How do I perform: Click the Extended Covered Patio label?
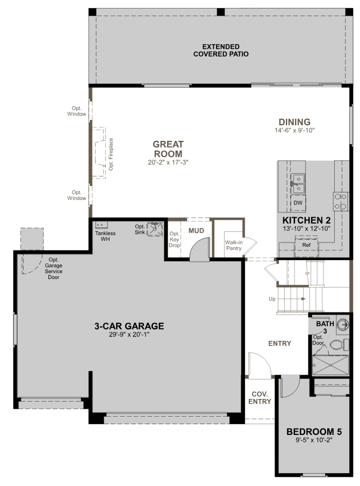pyautogui.click(x=221, y=50)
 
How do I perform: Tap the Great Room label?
pyautogui.click(x=168, y=149)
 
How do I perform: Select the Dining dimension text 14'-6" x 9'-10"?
pyautogui.click(x=294, y=131)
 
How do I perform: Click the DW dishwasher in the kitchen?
pyautogui.click(x=298, y=203)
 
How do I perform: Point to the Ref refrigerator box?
pyautogui.click(x=306, y=245)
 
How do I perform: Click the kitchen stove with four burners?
pyautogui.click(x=341, y=201)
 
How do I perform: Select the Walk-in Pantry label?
pyautogui.click(x=234, y=245)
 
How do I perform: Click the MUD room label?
pyautogui.click(x=197, y=231)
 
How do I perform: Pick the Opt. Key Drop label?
pyautogui.click(x=174, y=239)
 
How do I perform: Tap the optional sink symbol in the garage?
pyautogui.click(x=154, y=229)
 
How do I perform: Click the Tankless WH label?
pyautogui.click(x=105, y=236)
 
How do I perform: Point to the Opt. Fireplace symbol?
pyautogui.click(x=99, y=153)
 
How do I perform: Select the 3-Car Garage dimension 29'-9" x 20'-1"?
pyautogui.click(x=129, y=334)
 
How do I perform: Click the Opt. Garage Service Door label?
pyautogui.click(x=54, y=268)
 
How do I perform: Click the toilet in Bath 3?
pyautogui.click(x=339, y=345)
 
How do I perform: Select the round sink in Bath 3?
pyautogui.click(x=342, y=324)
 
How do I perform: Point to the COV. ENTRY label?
pyautogui.click(x=260, y=398)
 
